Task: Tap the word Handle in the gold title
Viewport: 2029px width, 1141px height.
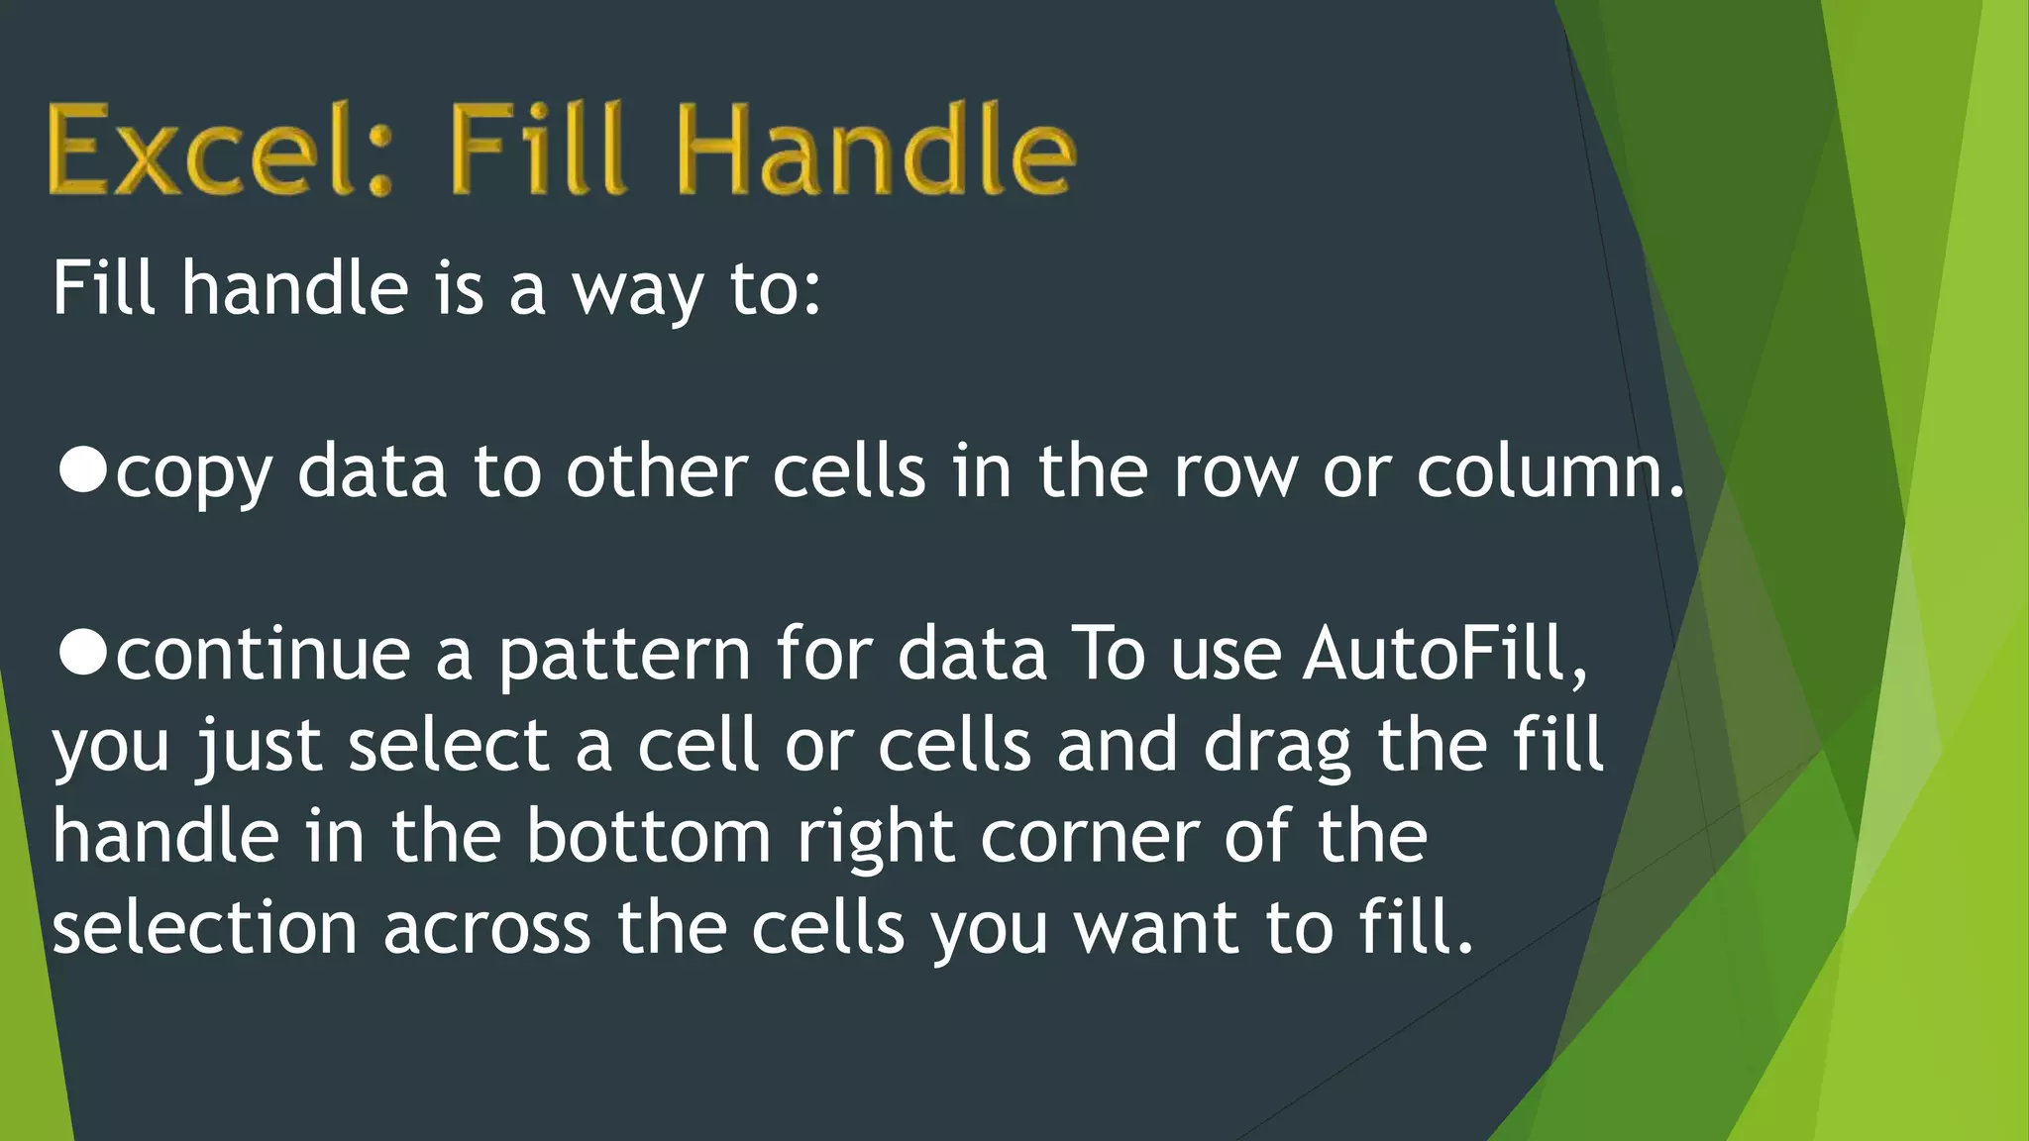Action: (876, 151)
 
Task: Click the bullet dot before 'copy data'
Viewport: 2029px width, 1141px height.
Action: (82, 469)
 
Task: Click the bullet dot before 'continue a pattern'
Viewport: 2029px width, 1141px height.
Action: (82, 653)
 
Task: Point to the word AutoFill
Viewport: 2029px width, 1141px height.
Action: (1444, 653)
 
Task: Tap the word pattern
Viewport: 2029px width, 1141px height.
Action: (624, 656)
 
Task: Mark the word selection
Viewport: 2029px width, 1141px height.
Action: (204, 928)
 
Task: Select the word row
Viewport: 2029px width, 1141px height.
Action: (1234, 472)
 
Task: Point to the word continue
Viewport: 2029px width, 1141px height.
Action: (264, 655)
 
